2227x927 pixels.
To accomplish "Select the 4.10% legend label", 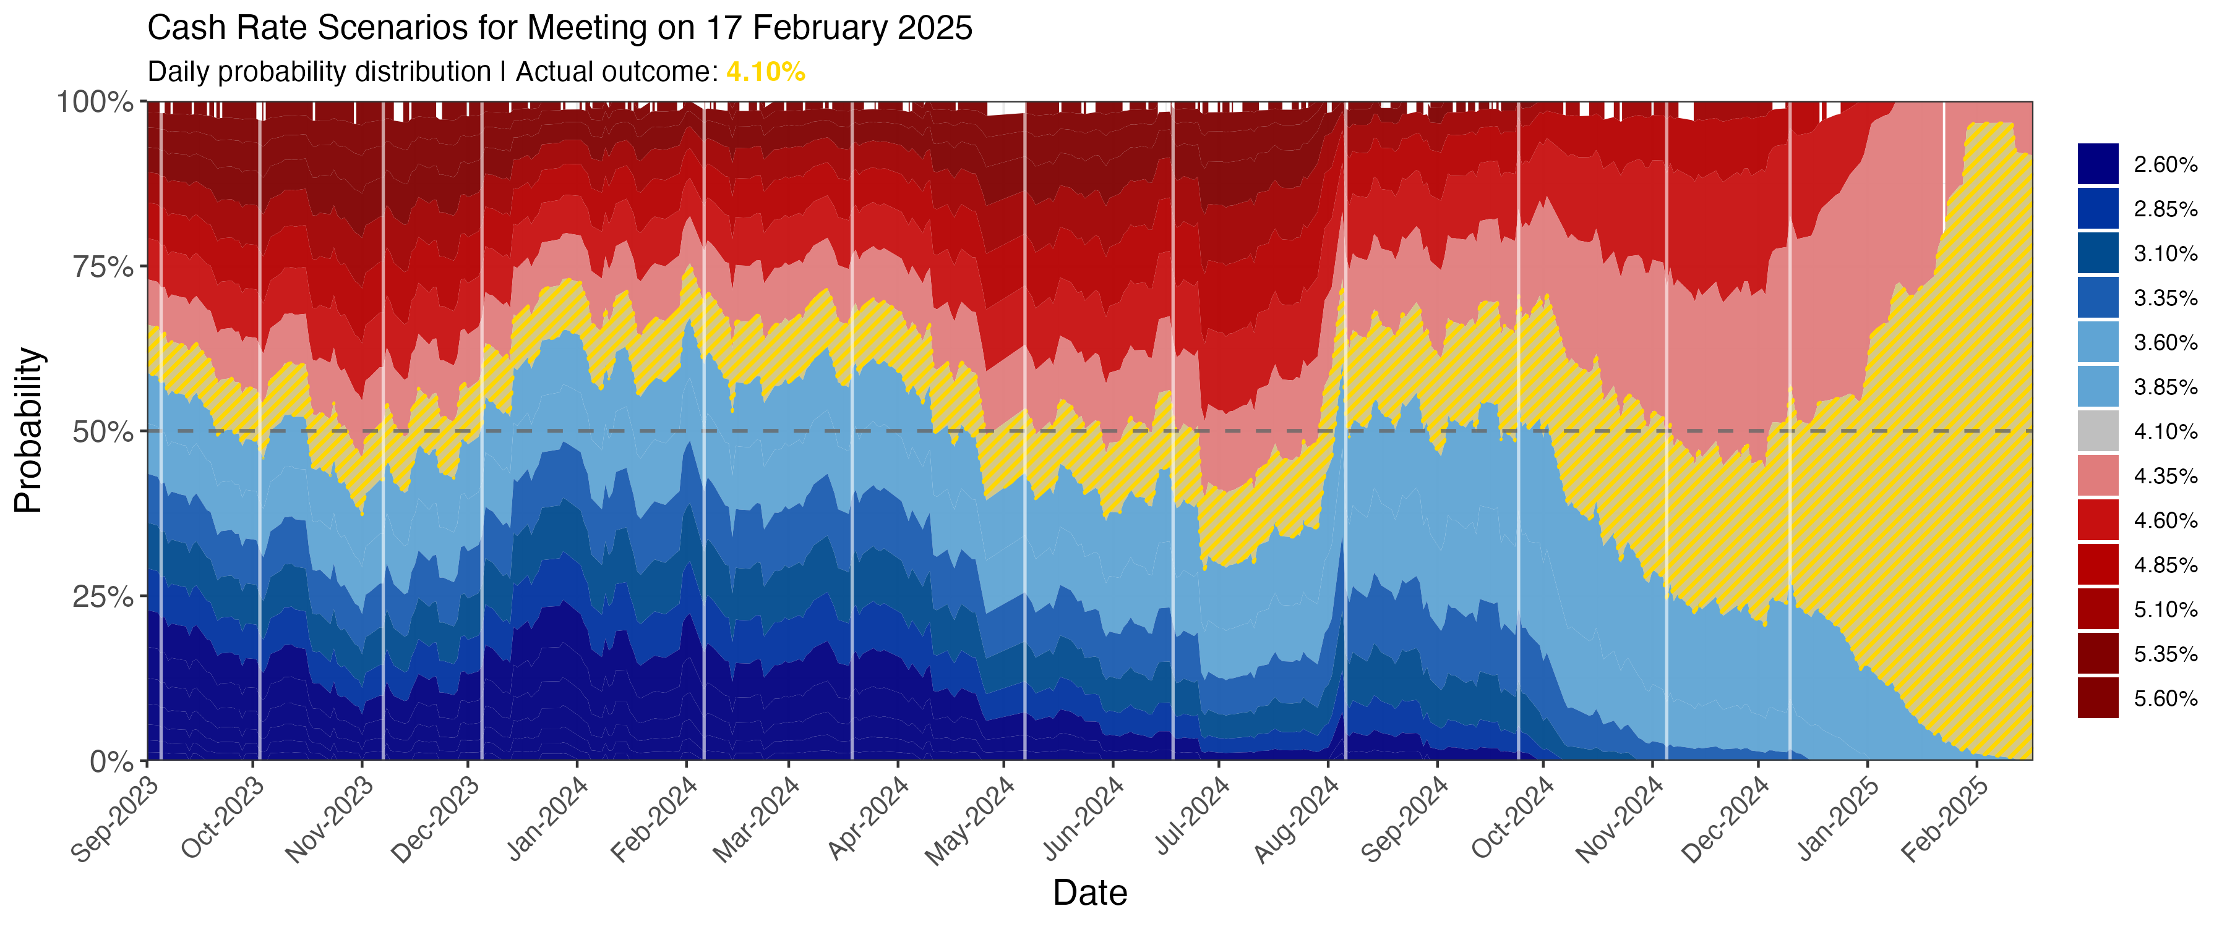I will pyautogui.click(x=2165, y=432).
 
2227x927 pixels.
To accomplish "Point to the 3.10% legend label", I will pyautogui.click(x=2165, y=254).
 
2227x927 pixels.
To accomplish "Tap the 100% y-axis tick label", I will pyautogui.click(x=95, y=102).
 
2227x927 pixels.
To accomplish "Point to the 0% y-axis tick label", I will pyautogui.click(x=113, y=761).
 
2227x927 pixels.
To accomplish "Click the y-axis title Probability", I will pyautogui.click(x=28, y=430).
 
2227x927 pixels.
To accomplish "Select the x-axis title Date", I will pyautogui.click(x=1089, y=892).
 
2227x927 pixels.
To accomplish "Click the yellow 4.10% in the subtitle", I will pyautogui.click(x=765, y=72).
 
